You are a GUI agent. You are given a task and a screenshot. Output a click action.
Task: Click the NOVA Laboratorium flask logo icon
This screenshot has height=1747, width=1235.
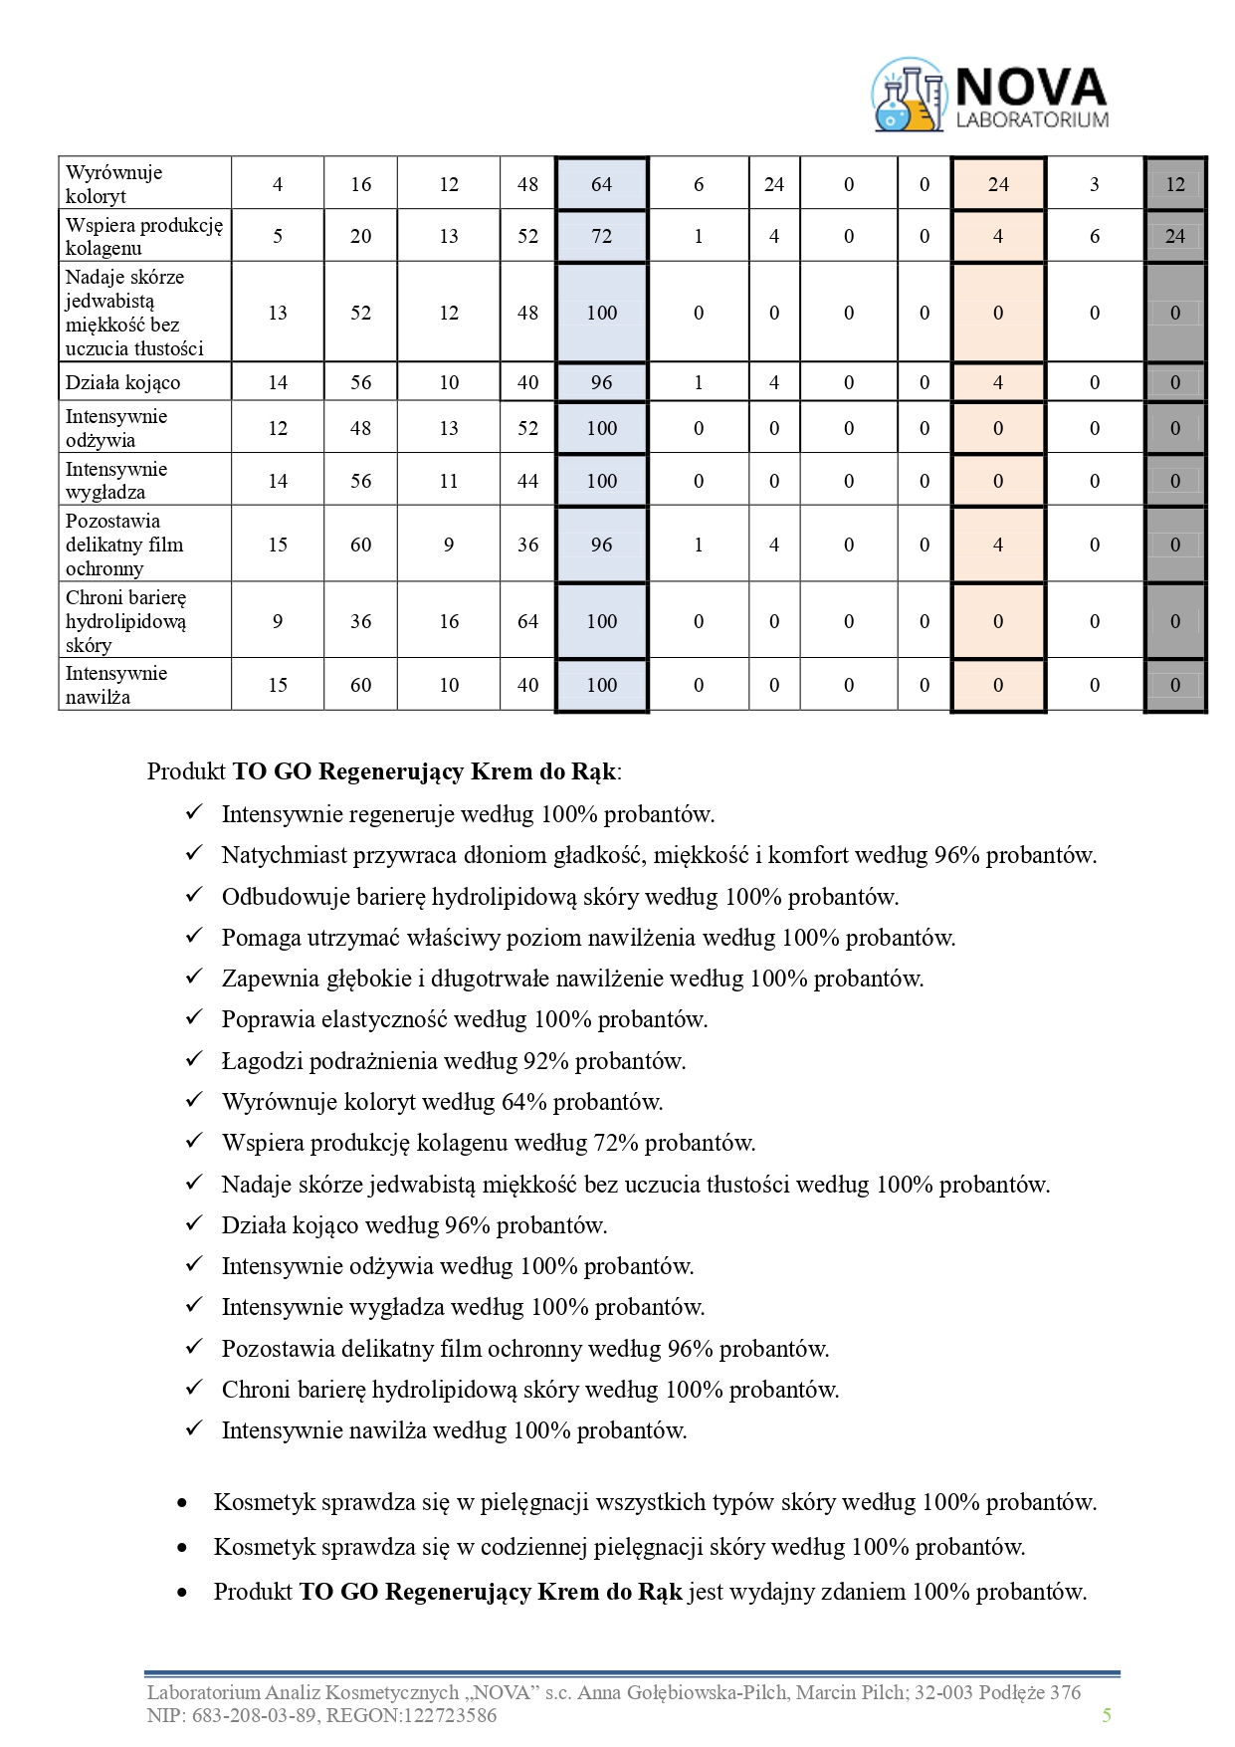pos(907,96)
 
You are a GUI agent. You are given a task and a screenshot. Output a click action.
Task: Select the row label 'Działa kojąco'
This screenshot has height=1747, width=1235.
pos(123,382)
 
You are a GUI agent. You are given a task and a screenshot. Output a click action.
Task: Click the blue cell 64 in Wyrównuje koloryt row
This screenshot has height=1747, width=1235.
pos(601,184)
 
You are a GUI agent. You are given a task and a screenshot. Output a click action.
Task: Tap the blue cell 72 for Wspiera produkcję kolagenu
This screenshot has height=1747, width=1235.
pos(601,236)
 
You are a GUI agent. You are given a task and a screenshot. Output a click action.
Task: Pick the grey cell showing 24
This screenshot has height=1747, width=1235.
pos(1174,236)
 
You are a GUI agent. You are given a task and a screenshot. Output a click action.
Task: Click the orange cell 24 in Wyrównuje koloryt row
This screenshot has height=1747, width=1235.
pos(997,184)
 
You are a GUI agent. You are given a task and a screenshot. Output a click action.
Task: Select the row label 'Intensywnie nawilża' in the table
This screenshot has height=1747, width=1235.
pos(116,685)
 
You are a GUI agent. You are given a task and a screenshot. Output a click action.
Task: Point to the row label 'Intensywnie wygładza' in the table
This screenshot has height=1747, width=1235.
pos(116,480)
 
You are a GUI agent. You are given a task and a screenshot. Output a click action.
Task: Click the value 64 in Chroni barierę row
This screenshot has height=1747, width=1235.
pos(527,621)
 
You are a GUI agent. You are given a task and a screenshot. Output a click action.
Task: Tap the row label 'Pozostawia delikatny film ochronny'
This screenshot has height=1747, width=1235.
pos(124,545)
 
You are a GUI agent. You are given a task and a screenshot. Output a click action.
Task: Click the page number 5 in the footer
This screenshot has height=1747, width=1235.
pos(1106,1714)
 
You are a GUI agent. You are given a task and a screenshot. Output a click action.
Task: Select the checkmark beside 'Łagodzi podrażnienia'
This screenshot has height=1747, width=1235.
pos(194,1059)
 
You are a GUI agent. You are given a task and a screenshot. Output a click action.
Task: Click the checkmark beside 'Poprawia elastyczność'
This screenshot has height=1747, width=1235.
pos(194,1018)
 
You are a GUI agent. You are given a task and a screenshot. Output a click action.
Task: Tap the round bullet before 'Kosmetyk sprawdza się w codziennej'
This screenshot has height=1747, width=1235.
pos(181,1548)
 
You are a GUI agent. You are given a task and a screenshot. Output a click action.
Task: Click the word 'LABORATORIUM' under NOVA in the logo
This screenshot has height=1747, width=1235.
pos(1031,120)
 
